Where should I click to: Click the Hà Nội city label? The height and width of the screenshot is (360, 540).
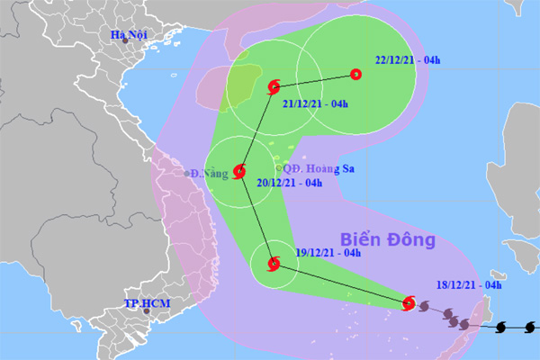[129, 36]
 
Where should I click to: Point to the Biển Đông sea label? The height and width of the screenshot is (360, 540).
[388, 240]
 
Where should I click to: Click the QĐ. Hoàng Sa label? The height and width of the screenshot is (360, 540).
[312, 168]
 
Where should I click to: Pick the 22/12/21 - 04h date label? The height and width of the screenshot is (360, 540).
[408, 61]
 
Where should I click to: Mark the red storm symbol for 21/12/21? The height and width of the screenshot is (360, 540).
[274, 87]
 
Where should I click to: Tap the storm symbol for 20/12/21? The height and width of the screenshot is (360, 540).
[239, 170]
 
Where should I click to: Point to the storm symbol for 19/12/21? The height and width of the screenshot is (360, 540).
[274, 264]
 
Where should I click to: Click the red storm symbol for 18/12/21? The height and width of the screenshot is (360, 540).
[409, 303]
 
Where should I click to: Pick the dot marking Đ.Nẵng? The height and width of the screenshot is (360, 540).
[186, 174]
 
